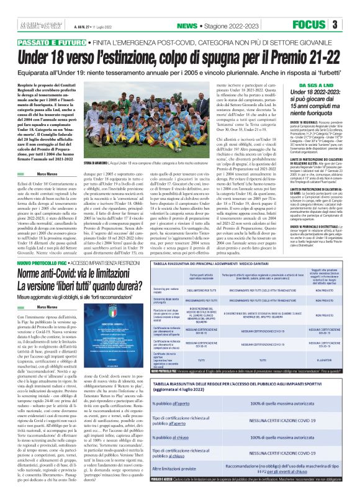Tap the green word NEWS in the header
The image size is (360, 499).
click(x=186, y=25)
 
